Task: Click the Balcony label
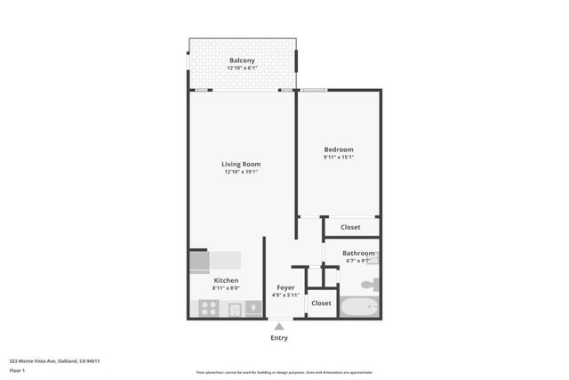coord(242,61)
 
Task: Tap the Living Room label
coord(241,164)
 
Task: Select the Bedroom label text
coord(339,150)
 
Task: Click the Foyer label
coord(285,287)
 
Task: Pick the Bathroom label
coord(358,254)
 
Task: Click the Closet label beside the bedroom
coord(351,227)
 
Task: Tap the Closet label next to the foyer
coord(322,303)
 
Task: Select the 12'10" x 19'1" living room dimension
coord(241,172)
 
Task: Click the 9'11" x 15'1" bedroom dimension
coord(339,158)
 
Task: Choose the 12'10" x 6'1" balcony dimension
coord(242,69)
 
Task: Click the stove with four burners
coord(208,309)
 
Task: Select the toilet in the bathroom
coord(371,284)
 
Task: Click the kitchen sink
coord(235,310)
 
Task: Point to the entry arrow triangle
coord(279,327)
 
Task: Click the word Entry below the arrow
coord(279,338)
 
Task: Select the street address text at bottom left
coord(54,361)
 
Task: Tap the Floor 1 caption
coord(17,370)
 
